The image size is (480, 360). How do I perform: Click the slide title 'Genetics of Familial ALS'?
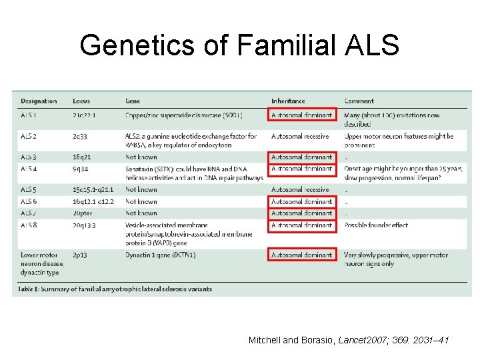pos(239,45)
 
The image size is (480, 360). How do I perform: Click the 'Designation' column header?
pos(39,101)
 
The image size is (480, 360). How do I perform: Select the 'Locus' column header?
pos(81,101)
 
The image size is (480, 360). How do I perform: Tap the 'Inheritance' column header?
pos(288,101)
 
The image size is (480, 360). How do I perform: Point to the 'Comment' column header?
pos(359,101)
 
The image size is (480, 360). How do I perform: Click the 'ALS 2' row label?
pos(29,136)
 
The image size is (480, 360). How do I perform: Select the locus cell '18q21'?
pos(83,157)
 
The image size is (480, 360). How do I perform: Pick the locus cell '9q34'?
pos(80,169)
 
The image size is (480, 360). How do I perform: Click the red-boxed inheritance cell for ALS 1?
pos(301,115)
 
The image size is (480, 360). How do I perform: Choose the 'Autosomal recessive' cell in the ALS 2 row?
pos(299,136)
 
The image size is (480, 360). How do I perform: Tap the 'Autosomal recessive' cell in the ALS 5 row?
pos(299,190)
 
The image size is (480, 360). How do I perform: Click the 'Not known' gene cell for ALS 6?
pos(141,201)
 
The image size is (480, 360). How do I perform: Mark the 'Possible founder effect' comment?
pos(376,225)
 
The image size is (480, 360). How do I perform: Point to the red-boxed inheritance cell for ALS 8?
pos(301,225)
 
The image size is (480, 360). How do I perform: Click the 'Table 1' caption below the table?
pos(116,289)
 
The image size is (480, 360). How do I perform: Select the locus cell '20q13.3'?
pos(84,225)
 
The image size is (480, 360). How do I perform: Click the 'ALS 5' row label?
pos(29,190)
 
